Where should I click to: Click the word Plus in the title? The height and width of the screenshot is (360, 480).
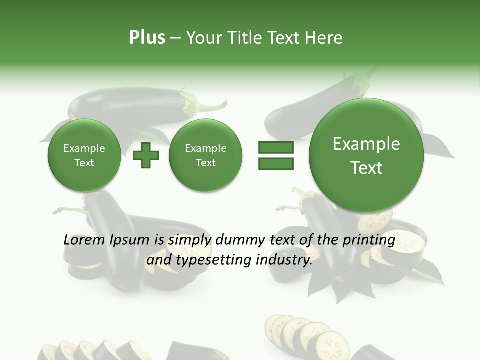point(147,38)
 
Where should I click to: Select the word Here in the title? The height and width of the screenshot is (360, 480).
point(324,38)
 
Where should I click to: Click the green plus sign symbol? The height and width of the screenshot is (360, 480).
point(146,155)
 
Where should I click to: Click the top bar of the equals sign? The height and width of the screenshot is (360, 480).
point(276,147)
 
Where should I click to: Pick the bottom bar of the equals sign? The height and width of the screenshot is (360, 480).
point(276,163)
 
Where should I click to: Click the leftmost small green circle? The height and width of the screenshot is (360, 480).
point(84,155)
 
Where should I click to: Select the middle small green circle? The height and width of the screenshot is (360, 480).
point(205,155)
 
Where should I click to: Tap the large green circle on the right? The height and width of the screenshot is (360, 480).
point(366,155)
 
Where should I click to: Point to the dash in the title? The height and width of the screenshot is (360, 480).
point(175,38)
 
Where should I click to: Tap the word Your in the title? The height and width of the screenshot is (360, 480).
point(202,38)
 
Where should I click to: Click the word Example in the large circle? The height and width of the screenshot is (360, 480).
point(366,144)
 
